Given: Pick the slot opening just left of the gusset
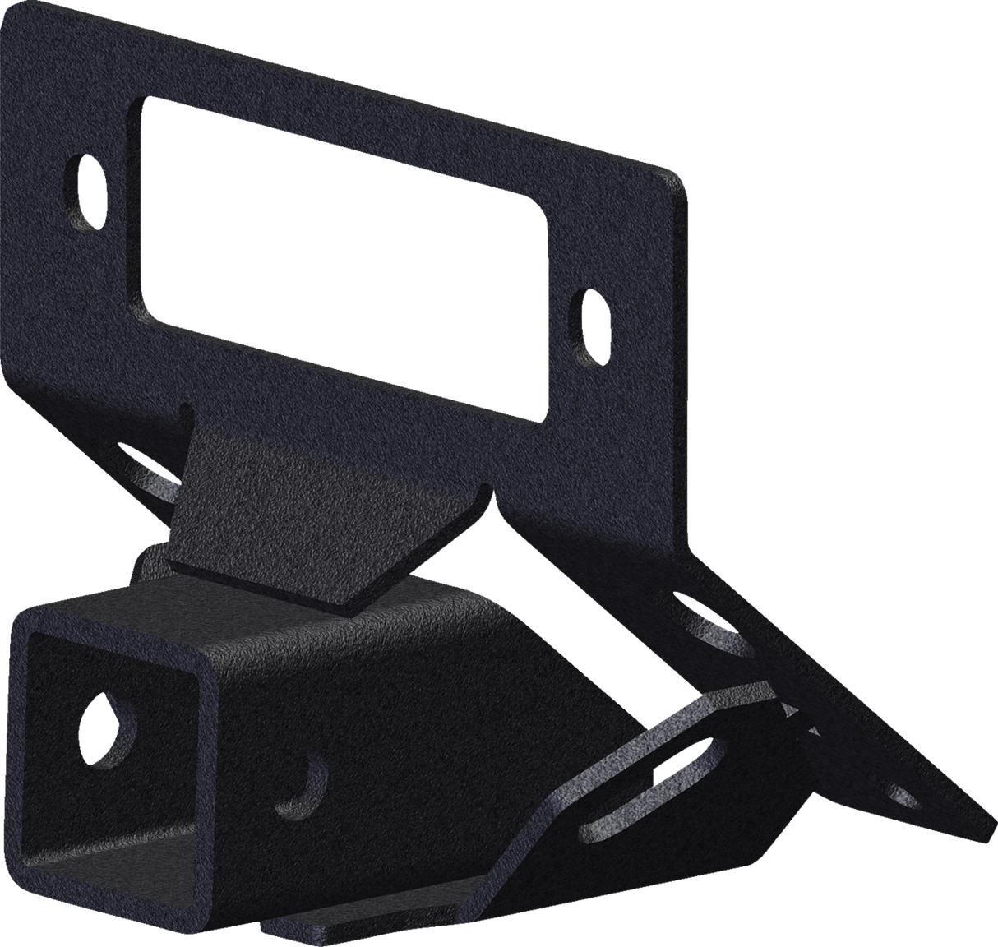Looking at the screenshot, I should click(x=152, y=477).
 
